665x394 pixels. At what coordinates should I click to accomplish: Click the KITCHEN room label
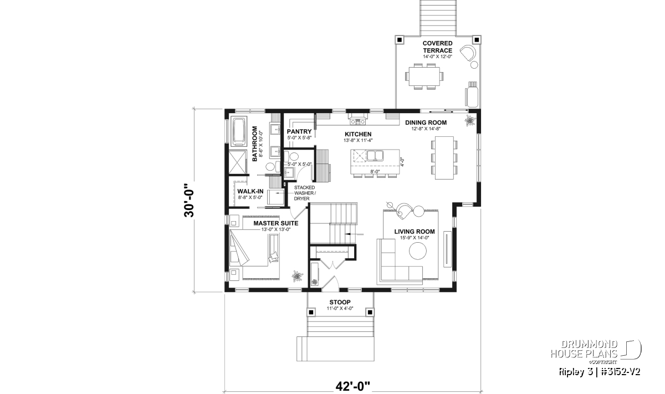pos(358,134)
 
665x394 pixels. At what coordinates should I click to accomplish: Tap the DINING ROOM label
pos(426,122)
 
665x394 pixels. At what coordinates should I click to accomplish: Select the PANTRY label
pos(299,131)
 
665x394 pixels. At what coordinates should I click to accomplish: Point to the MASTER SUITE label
pos(276,223)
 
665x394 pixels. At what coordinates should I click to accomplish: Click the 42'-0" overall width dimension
pos(353,386)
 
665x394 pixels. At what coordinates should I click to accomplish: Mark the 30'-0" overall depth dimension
pos(189,201)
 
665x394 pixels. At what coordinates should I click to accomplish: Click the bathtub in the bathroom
pos(239,132)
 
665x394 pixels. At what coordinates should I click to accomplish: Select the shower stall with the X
pos(238,162)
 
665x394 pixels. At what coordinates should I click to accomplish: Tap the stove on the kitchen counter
pos(358,121)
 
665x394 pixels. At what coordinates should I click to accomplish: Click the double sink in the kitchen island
pos(375,156)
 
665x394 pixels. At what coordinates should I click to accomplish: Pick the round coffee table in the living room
pos(418,251)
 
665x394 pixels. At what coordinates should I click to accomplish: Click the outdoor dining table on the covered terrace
pos(424,76)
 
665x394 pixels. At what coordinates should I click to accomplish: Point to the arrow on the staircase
pos(354,234)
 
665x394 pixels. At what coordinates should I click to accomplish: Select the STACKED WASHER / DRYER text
pos(305,193)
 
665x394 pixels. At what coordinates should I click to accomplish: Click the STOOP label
pos(340,302)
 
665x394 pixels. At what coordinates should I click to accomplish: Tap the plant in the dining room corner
pos(470,121)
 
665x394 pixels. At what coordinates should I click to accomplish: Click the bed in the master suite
pos(255,249)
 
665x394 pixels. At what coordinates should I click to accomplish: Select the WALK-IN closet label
pos(250,191)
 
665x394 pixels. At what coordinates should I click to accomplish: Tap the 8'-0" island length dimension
pos(375,171)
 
